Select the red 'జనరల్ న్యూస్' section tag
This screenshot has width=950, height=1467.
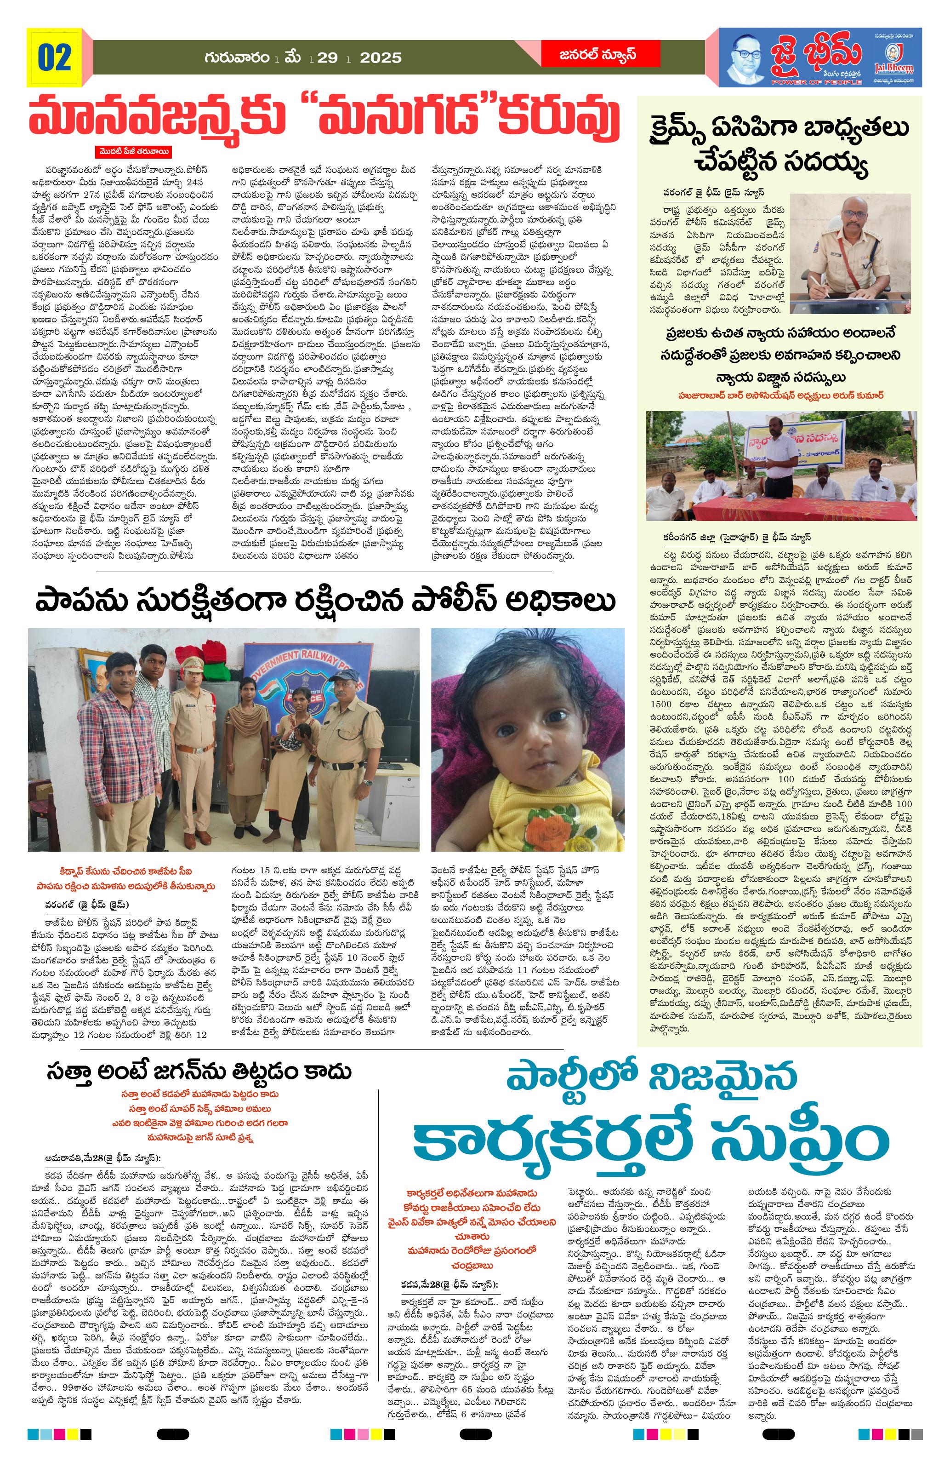(589, 54)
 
